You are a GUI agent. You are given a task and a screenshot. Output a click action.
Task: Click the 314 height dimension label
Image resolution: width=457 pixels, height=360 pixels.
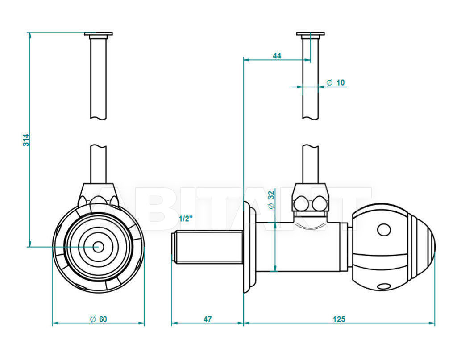click(x=26, y=140)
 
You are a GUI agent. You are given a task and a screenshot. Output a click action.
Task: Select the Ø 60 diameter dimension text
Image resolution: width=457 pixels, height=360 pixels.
click(x=99, y=319)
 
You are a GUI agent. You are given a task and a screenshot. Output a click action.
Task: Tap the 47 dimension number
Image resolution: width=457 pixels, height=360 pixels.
click(x=208, y=319)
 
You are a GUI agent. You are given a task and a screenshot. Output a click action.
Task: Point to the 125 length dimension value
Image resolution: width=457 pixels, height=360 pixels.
click(x=339, y=319)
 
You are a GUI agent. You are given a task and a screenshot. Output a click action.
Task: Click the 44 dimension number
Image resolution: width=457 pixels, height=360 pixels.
click(x=277, y=56)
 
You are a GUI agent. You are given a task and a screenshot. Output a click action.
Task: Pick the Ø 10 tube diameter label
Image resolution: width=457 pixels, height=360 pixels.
click(x=336, y=83)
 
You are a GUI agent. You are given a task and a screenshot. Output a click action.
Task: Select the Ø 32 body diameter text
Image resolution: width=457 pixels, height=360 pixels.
click(x=271, y=199)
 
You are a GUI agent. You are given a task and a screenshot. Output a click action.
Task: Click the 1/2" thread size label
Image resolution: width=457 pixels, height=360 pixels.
click(x=186, y=219)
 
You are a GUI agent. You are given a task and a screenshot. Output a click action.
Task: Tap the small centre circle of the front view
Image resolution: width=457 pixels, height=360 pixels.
click(x=98, y=247)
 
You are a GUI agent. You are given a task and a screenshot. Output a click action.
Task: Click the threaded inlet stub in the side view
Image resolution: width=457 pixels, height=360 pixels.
click(x=207, y=247)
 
